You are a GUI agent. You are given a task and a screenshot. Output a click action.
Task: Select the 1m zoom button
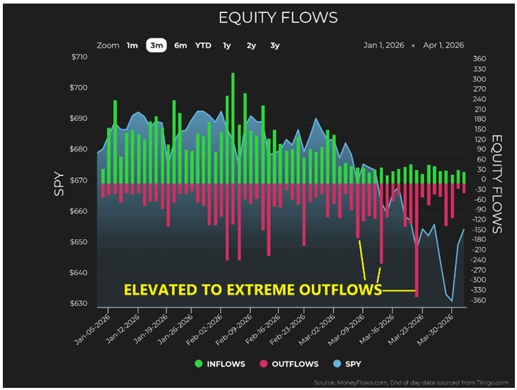click(132, 46)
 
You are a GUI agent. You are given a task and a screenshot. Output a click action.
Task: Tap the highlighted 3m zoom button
click(156, 46)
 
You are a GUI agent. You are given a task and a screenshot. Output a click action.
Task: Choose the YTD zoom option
click(203, 46)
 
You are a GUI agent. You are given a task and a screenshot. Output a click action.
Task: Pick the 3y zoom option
click(275, 46)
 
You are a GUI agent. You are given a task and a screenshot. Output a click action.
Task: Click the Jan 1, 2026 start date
click(383, 46)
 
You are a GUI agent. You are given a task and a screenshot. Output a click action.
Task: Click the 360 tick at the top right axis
click(479, 59)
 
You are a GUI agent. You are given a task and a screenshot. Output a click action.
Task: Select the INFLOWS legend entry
click(220, 364)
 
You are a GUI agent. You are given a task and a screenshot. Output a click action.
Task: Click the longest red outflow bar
click(417, 240)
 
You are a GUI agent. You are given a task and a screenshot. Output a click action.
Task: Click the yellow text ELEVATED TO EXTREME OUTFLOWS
click(252, 290)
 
